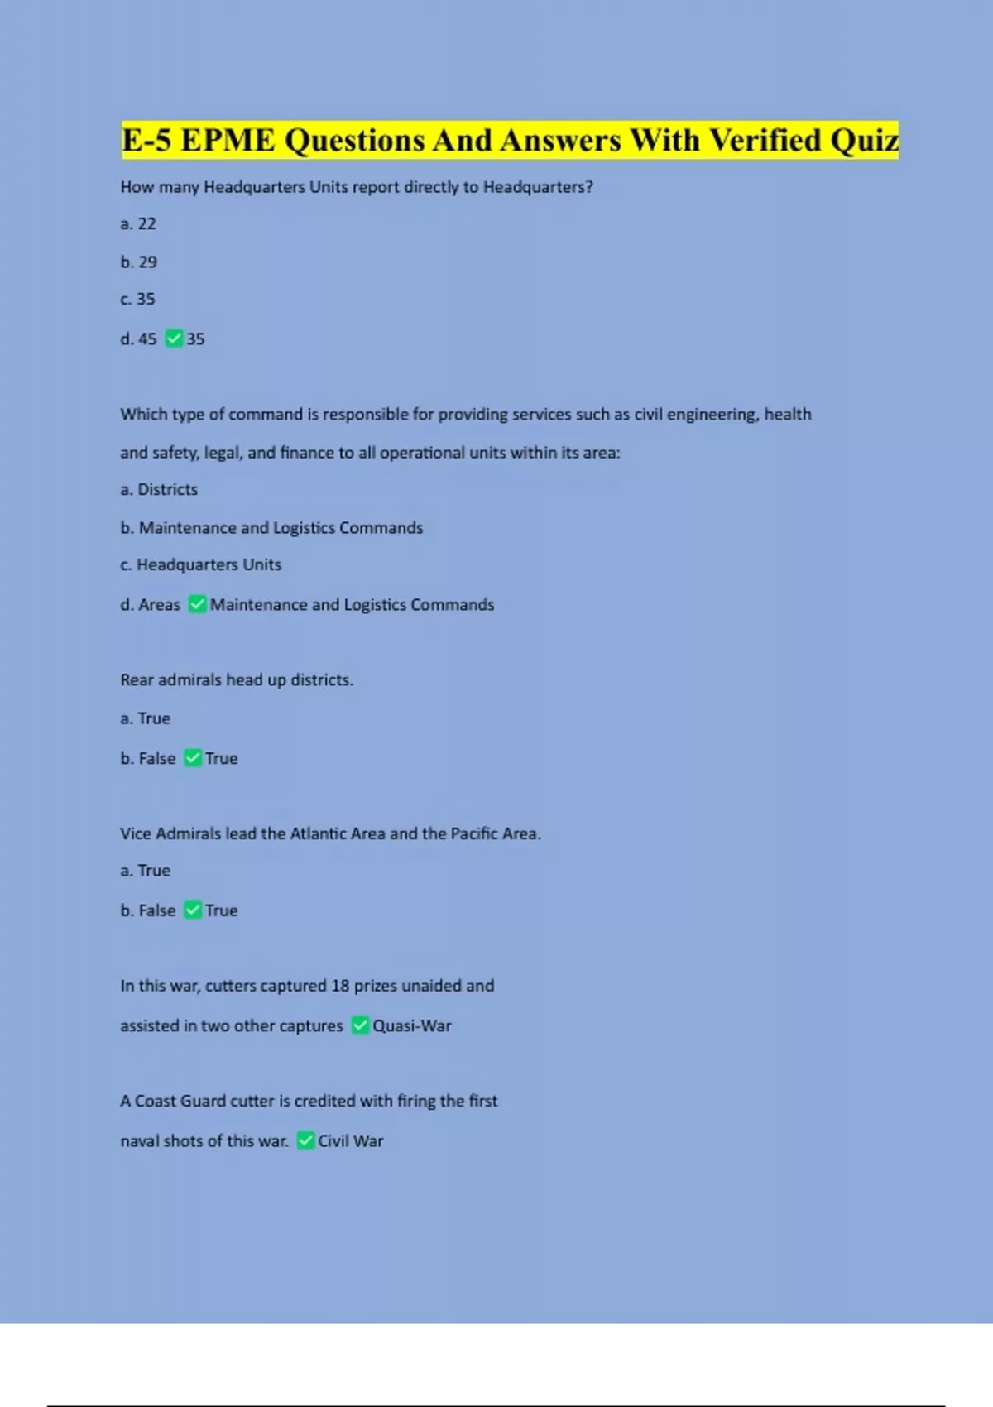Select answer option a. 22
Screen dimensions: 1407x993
138,224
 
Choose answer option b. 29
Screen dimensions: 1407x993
138,262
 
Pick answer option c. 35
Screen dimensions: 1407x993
137,300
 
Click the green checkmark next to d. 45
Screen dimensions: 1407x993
174,339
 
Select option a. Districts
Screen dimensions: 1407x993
159,490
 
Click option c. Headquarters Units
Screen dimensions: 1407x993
200,565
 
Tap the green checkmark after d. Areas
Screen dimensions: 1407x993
197,604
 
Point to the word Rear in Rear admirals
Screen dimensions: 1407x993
137,680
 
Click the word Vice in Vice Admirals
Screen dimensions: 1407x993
135,833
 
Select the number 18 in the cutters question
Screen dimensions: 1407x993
340,986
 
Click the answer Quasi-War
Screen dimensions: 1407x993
412,1026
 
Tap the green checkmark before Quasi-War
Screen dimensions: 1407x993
360,1025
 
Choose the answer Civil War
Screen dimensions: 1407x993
351,1141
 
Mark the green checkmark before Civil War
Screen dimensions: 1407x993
305,1140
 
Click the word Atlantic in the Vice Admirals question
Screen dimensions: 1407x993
318,833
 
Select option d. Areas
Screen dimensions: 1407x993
150,605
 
